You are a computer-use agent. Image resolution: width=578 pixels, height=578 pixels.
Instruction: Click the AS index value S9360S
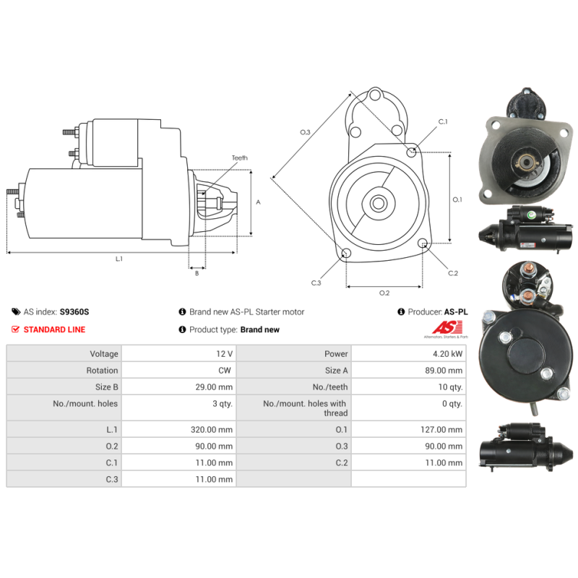pos(74,312)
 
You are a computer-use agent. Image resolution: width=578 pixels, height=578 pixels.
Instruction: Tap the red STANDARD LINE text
pos(54,329)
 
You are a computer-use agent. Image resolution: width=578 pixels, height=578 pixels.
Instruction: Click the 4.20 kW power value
pos(447,354)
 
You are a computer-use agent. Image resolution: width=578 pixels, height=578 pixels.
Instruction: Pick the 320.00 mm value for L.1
pos(212,429)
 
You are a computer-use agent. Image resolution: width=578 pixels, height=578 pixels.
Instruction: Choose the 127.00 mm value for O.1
pos(441,429)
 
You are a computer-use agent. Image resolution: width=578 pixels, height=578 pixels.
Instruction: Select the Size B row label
pos(106,387)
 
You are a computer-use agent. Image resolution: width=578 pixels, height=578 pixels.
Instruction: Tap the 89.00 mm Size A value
pos(444,371)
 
